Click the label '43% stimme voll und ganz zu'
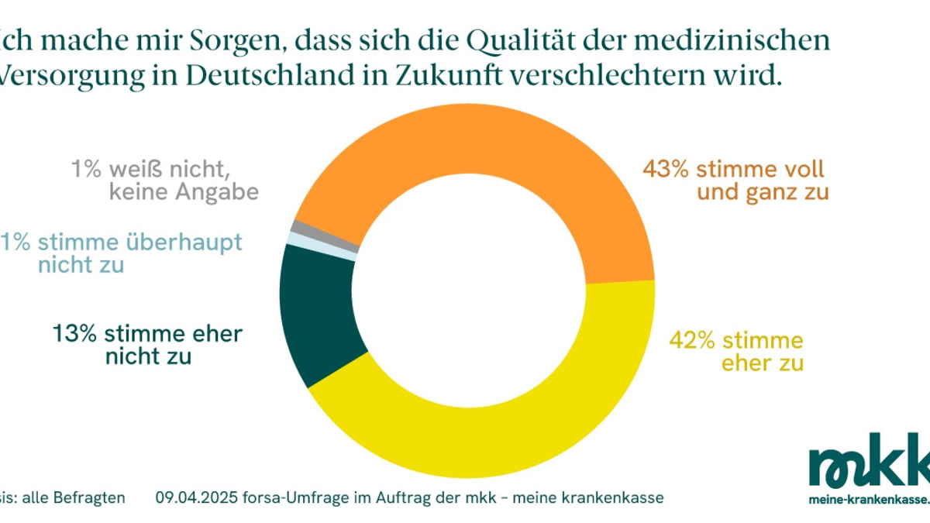pos(734,180)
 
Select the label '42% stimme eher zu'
pos(736,351)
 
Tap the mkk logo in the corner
pos(868,462)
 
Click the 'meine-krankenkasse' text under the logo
pos(868,500)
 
